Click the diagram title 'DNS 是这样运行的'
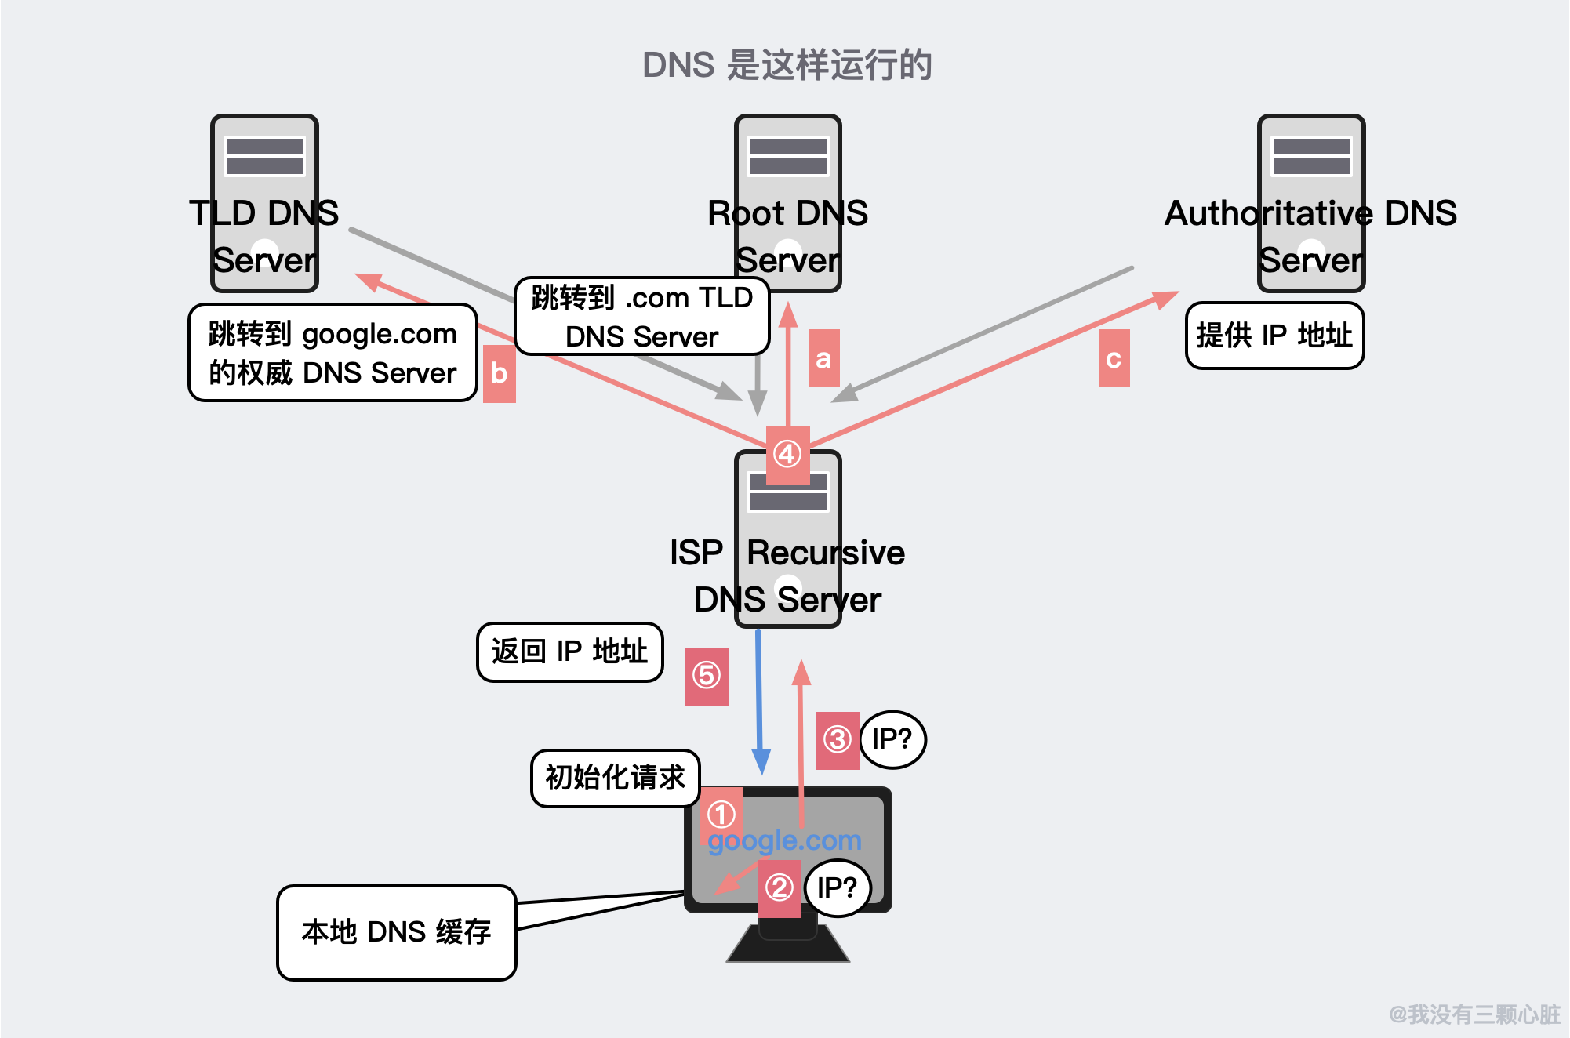click(x=787, y=65)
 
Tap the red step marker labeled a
click(x=823, y=358)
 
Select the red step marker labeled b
click(x=499, y=373)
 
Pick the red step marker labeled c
click(x=1114, y=358)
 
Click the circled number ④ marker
click(x=787, y=454)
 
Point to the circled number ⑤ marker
click(x=706, y=675)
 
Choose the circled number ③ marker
click(x=837, y=739)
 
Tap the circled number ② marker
click(x=779, y=888)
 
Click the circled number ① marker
click(x=721, y=814)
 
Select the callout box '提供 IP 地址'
click(x=1274, y=336)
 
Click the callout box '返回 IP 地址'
click(x=569, y=651)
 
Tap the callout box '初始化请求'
click(x=615, y=778)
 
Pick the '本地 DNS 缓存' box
click(x=396, y=932)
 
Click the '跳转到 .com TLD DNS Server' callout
click(x=641, y=317)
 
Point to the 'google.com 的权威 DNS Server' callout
click(x=333, y=353)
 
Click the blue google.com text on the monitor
click(x=784, y=840)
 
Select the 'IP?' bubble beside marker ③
click(x=892, y=739)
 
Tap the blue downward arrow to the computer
click(x=759, y=706)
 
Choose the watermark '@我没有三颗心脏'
click(x=1474, y=1014)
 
